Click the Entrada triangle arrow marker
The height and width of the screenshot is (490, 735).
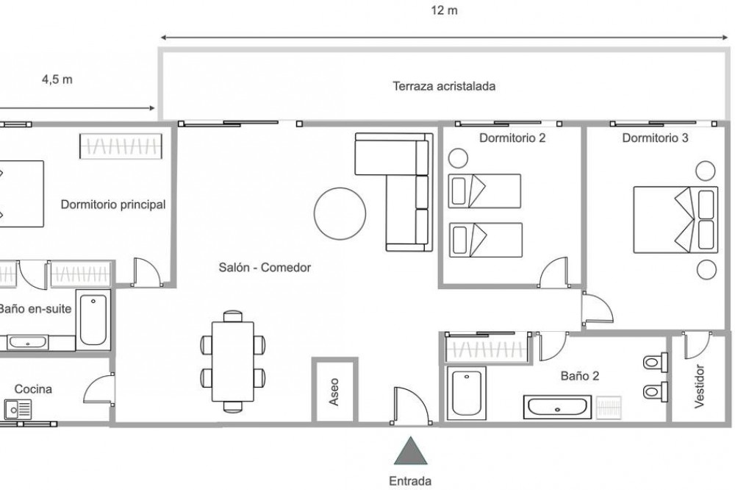411,452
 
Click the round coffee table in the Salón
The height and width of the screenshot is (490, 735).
340,213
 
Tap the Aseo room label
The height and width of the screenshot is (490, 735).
334,391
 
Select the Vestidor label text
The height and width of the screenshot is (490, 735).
699,386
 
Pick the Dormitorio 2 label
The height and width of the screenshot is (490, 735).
512,138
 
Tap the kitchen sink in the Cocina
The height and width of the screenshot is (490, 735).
16,408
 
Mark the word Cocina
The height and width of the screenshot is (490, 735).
34,389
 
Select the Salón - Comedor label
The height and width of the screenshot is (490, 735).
265,268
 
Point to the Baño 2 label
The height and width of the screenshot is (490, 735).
580,376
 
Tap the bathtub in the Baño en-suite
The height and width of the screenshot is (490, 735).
93,319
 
